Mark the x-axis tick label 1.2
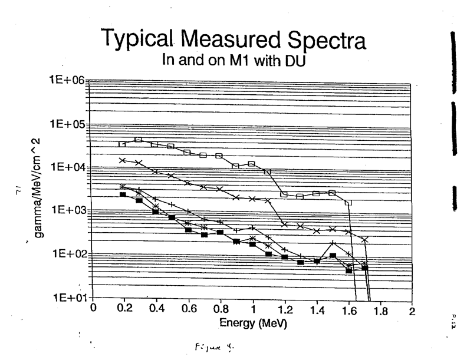pos(284,308)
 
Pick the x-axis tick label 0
pos(93,308)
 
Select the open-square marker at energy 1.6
pos(348,203)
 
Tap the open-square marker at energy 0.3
pos(139,140)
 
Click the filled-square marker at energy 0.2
pos(123,194)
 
